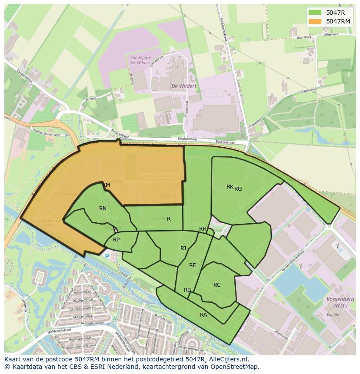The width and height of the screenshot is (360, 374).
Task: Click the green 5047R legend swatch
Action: point(316,13)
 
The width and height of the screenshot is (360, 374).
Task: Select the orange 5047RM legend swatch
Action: point(316,21)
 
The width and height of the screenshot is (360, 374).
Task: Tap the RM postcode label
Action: point(106,185)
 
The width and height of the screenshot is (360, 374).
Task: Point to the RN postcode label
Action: point(103,209)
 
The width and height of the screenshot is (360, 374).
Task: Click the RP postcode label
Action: point(116,240)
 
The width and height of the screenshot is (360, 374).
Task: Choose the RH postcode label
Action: point(203,229)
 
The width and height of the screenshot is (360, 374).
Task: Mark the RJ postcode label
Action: point(183,248)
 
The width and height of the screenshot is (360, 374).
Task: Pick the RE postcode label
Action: point(192,265)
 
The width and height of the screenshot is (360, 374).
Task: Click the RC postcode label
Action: point(217,285)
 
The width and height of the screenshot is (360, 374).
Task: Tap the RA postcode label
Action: point(203,315)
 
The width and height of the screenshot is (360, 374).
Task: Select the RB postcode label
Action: point(187,290)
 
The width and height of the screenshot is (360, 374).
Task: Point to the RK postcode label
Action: point(230,187)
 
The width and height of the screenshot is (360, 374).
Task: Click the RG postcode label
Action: point(238,189)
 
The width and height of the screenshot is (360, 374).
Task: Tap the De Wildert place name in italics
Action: point(183,86)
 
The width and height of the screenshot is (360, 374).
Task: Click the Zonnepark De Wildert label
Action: point(140,60)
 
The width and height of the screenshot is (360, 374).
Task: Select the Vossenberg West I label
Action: point(340,302)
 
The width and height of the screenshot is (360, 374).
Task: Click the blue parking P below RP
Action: point(107,256)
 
